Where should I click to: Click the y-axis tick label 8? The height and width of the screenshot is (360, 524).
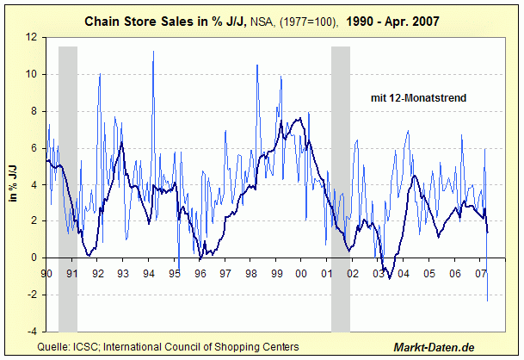(33, 111)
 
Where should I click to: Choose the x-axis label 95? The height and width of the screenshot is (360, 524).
(174, 273)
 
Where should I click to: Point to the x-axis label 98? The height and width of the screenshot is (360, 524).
(250, 273)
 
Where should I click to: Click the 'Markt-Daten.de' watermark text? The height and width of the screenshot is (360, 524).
(434, 346)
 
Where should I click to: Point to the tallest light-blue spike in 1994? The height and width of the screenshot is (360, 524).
(153, 52)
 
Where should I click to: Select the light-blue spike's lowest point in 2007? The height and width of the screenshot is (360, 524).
(487, 301)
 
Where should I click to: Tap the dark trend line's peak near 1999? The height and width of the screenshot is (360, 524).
(297, 119)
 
